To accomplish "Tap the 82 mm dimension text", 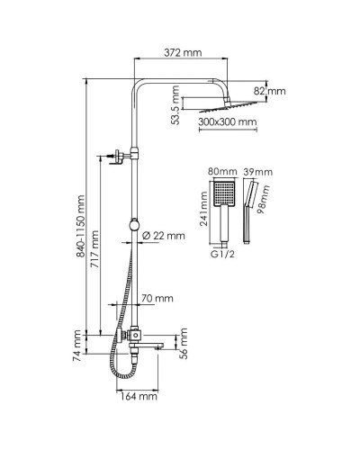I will [x=270, y=91].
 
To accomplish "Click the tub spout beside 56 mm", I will [x=153, y=343].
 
